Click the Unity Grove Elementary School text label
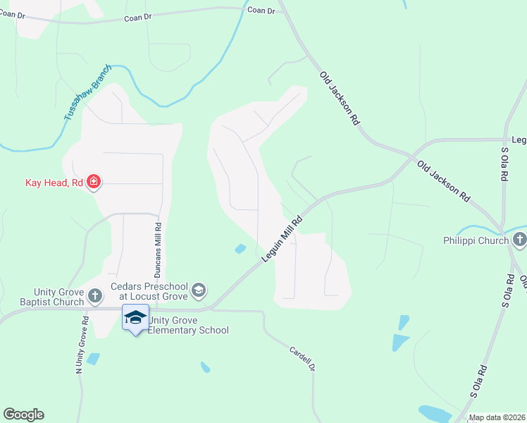(188, 325)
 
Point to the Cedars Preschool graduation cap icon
(199, 289)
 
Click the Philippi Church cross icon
(520, 240)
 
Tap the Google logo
(23, 415)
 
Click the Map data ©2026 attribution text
(497, 417)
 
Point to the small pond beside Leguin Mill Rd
(240, 248)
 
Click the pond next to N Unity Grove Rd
(94, 359)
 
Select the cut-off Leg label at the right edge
(519, 140)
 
